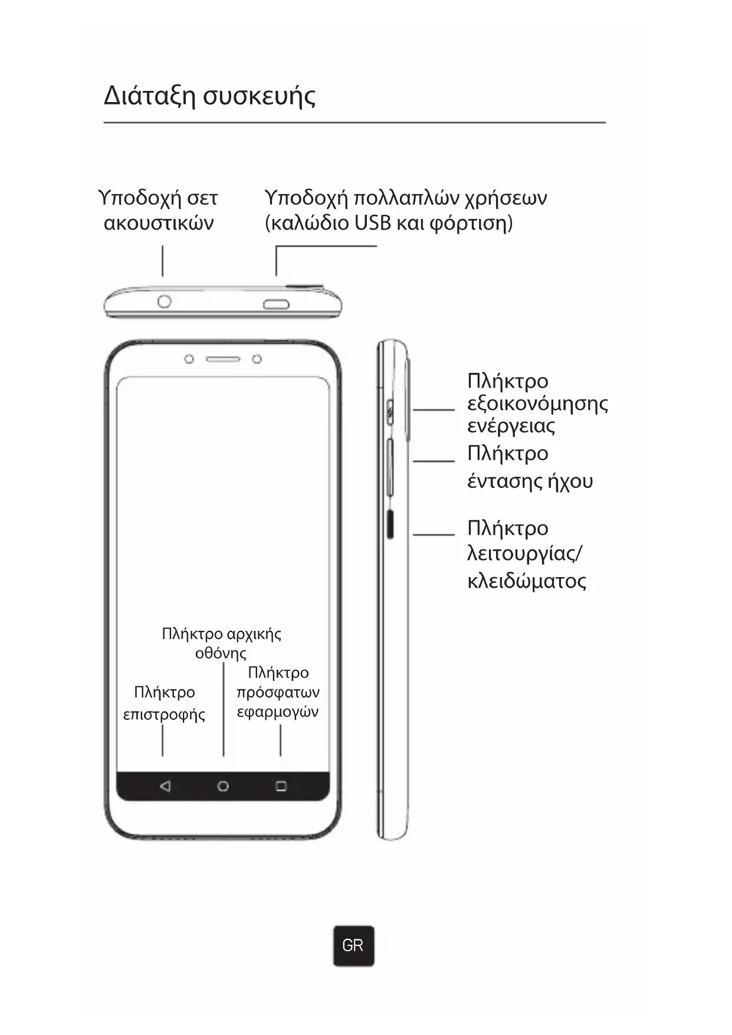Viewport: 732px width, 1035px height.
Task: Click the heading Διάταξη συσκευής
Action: point(209,96)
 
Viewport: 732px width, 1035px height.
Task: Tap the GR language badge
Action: point(353,945)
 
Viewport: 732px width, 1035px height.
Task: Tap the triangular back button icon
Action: point(165,786)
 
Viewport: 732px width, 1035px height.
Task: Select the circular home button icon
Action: point(223,786)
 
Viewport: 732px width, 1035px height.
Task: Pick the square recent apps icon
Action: point(281,786)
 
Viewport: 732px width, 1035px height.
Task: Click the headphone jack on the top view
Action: point(165,302)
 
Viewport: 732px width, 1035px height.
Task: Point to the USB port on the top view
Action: point(276,304)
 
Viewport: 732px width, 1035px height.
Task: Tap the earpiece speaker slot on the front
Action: point(223,359)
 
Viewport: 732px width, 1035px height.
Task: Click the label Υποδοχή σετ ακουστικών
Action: point(158,210)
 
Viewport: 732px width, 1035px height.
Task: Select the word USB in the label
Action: point(372,223)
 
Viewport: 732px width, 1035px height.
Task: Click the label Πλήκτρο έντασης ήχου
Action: point(529,467)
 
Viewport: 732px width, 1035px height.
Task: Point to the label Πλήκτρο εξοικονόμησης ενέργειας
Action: point(537,403)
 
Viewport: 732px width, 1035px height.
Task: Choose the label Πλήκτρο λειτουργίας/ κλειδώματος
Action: point(526,554)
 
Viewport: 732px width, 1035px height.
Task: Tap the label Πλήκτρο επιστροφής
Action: point(164,703)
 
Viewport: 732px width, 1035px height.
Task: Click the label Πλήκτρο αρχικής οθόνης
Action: point(221,643)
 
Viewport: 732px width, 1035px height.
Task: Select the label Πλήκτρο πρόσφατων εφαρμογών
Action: point(278,692)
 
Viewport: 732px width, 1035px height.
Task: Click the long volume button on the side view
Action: point(390,466)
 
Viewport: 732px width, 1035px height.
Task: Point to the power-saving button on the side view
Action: point(390,409)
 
